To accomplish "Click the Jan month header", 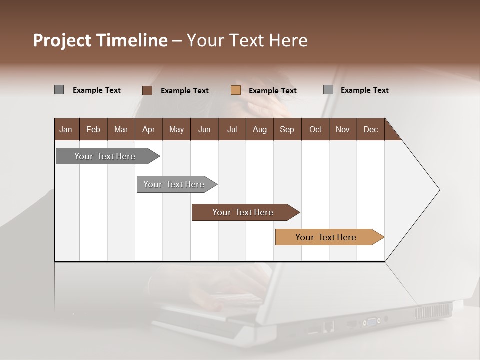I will point(66,129).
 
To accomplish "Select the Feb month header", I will point(93,129).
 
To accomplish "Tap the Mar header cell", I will point(121,129).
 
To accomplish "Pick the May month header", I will point(176,129).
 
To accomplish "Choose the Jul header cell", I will point(232,129).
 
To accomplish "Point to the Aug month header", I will point(259,129).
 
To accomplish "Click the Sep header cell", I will point(287,129).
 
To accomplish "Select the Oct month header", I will point(315,129).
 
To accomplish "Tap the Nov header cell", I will point(342,129).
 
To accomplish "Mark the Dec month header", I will point(370,129).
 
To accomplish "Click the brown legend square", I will point(147,90).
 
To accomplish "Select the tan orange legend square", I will point(236,90).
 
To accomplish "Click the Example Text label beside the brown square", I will point(184,91).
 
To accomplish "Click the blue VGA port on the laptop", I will point(372,321).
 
